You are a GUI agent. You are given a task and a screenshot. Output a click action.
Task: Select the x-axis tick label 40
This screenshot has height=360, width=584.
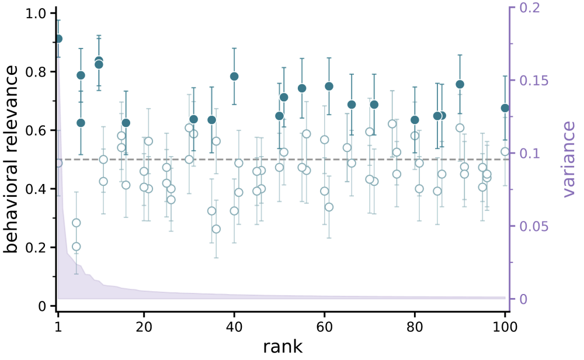pos(234,328)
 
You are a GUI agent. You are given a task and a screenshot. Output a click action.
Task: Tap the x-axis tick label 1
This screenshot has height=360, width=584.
pos(58,328)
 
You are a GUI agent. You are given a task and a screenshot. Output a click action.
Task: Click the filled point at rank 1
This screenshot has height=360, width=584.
pos(58,39)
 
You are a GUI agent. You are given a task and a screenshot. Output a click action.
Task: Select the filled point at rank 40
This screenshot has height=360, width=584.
pos(234,77)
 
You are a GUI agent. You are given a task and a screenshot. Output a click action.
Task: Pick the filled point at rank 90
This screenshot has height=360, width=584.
pos(460,84)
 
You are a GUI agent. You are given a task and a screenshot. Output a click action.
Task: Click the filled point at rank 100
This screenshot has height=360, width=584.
pos(505,108)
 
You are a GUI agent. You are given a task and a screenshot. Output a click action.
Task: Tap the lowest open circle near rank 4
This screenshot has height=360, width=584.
pos(76,247)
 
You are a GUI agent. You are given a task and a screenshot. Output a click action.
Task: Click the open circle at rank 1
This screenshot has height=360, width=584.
pos(58,163)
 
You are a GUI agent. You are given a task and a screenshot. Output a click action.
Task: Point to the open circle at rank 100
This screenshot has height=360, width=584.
pos(505,151)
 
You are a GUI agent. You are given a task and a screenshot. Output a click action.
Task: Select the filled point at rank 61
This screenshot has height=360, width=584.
pos(329,86)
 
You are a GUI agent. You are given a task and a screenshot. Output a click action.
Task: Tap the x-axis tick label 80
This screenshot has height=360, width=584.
pos(415,328)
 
